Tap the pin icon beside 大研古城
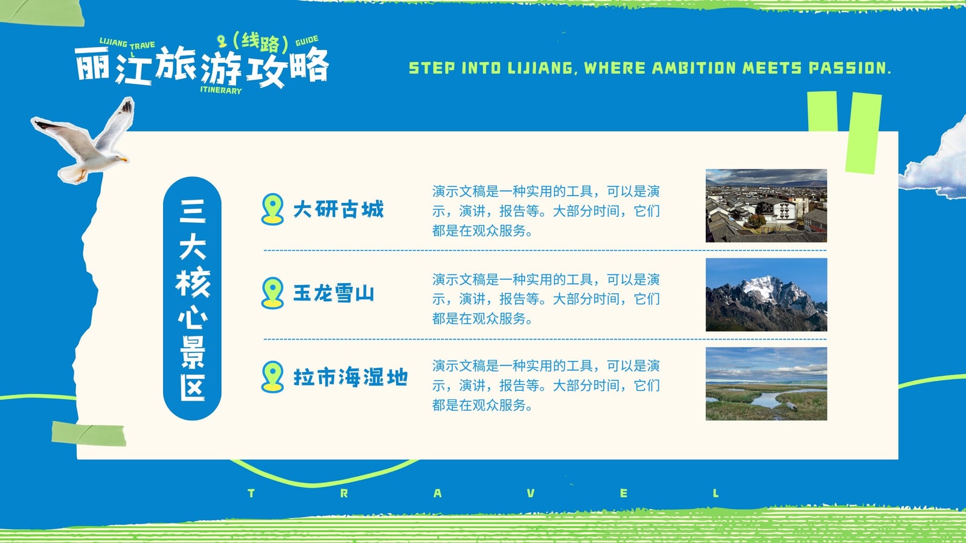pos(272,209)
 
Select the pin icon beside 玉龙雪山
pos(272,293)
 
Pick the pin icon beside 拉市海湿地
pos(272,376)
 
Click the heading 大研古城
pos(339,209)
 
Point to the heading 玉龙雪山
pos(334,293)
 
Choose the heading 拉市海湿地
pos(351,377)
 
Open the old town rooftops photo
pos(766,206)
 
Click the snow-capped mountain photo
pos(766,295)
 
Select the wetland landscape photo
pos(766,384)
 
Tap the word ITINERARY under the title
pos(221,91)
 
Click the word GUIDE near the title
pos(307,41)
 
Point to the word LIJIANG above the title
pos(114,42)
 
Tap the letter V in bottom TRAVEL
pos(531,493)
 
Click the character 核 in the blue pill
pos(193,282)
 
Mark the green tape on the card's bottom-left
pos(88,434)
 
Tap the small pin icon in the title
pos(222,41)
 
